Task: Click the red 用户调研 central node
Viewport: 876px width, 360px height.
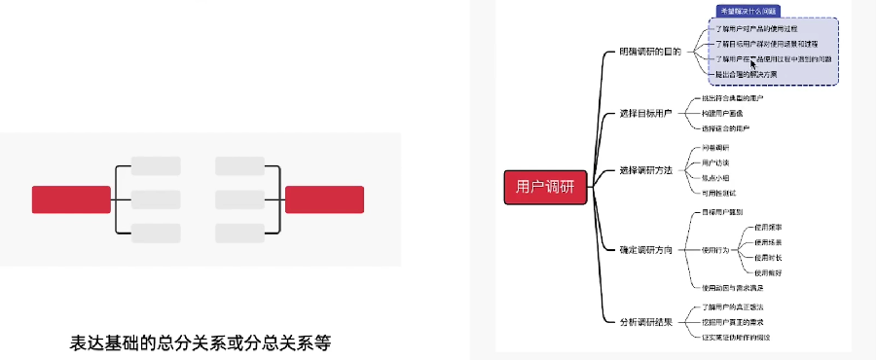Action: pos(544,187)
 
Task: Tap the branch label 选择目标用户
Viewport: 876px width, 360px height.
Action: pos(645,113)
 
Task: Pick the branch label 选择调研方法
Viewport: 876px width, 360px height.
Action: pos(645,170)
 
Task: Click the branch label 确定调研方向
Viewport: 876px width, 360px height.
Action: pos(645,250)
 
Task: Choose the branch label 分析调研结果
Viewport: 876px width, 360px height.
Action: pos(645,321)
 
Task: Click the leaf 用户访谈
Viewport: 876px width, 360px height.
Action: pos(715,162)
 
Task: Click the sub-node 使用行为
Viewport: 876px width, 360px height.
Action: pos(714,250)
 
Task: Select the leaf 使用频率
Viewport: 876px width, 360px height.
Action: pos(768,228)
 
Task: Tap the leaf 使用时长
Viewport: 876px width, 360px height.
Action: pos(768,258)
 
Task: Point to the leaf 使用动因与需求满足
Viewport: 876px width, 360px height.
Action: pos(733,287)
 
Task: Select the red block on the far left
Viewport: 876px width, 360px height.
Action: pos(71,199)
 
